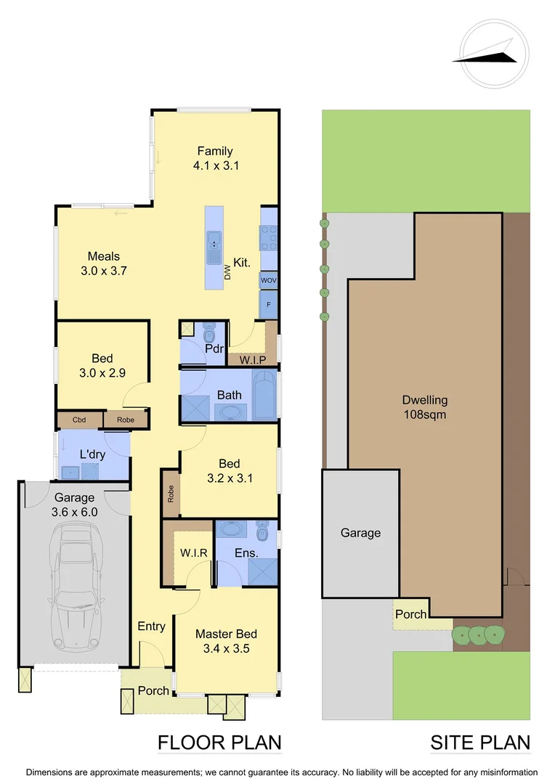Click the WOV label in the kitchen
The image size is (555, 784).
coord(269,279)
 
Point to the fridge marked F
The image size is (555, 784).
coord(269,305)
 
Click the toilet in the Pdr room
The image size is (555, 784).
coord(210,333)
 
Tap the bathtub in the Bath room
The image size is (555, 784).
coord(264,396)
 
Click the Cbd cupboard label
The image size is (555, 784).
coord(79,419)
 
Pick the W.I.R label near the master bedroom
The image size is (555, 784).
coord(194,552)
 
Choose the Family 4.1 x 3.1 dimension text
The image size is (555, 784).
coord(216,165)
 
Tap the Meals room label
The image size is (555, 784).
coord(104,256)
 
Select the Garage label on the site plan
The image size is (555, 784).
coord(360,533)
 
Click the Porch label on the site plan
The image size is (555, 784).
coord(410,614)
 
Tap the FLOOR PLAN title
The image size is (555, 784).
coord(219,743)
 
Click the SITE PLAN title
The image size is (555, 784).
coord(479,743)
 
